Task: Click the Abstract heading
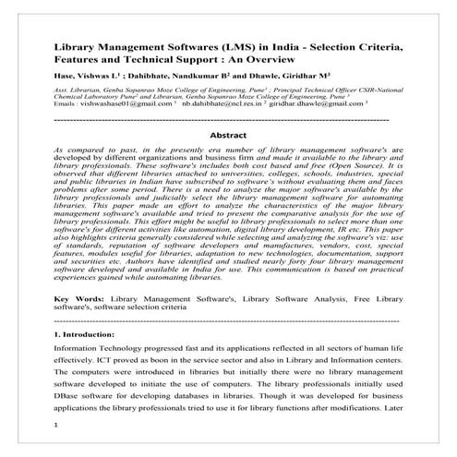point(227,135)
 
